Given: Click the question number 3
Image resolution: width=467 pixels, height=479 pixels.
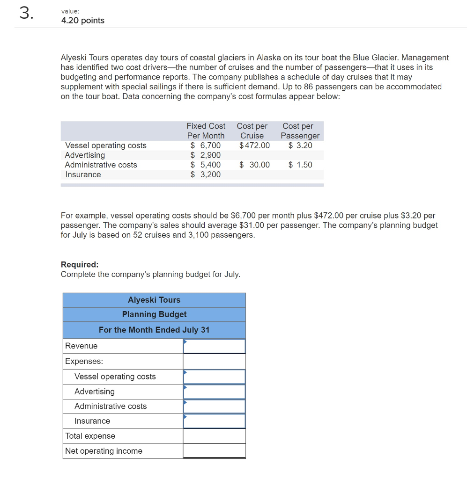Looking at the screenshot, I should point(26,14).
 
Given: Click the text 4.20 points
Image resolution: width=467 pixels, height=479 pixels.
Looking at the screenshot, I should point(83,21).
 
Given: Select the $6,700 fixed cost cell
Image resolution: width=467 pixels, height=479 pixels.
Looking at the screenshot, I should point(206,145).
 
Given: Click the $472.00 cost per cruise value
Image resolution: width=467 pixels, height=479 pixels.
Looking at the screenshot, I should point(254,145).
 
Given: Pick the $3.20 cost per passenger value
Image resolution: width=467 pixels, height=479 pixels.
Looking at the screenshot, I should point(300,145).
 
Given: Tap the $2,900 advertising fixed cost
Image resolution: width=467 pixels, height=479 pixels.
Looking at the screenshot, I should point(206,155).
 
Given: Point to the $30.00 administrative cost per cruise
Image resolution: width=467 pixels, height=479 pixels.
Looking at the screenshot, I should point(254,165).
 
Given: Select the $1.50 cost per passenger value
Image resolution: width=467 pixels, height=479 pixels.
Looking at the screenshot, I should point(300,165).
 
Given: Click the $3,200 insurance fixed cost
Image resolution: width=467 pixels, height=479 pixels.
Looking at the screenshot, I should point(206,174).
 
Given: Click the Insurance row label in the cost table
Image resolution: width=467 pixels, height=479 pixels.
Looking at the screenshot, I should point(83,174).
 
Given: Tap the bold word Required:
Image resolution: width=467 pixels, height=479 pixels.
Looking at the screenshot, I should point(80,264).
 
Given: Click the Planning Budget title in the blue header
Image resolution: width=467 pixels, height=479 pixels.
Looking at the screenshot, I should point(154,314).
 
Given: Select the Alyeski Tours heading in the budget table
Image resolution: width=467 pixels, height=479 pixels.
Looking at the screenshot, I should point(154,300).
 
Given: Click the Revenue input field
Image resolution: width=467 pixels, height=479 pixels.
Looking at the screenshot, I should point(214,346).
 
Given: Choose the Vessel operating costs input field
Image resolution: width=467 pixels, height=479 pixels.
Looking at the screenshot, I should point(214,377).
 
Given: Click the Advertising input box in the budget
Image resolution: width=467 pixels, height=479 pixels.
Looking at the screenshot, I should point(214,392).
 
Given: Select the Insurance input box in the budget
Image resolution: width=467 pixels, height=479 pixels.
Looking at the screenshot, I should point(214,421).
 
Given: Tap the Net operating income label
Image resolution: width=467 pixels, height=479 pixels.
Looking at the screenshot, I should point(104,451).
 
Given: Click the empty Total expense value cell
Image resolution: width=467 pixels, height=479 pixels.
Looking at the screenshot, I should point(214,436).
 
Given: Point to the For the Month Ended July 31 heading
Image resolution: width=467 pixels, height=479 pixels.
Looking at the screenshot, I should point(154,330).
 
